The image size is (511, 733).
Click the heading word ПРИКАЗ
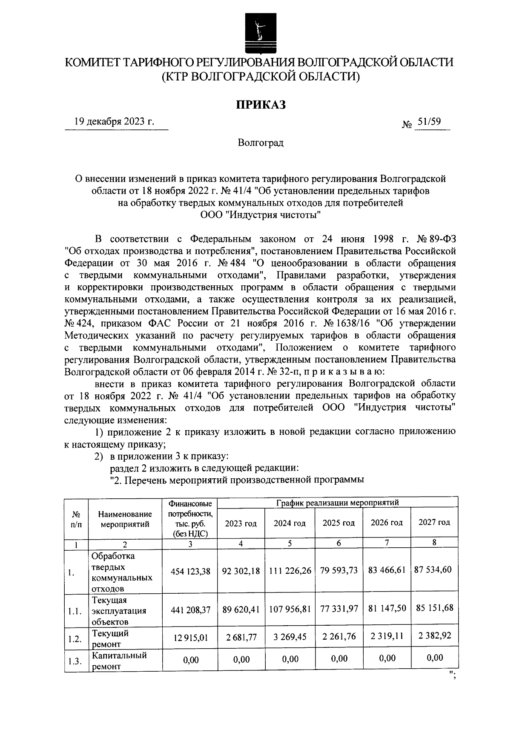(261, 104)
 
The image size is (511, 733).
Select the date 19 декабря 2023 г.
(114, 121)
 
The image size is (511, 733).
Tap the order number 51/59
(429, 122)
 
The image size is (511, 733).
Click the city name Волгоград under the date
(261, 143)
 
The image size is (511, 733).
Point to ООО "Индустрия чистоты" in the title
(261, 215)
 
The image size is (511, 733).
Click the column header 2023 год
(241, 523)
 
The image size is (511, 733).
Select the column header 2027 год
(434, 522)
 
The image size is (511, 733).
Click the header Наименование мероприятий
(125, 519)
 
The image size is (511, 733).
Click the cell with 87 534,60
(433, 569)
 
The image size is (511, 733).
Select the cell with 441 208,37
(190, 611)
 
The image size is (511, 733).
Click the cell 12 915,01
(190, 638)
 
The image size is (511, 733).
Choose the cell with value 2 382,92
(434, 636)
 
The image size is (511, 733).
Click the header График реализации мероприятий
(337, 503)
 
